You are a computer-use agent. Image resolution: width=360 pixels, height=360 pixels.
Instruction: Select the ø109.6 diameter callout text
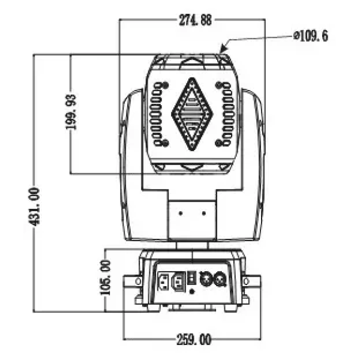310,37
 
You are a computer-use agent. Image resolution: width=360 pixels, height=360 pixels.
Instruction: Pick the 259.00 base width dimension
194,340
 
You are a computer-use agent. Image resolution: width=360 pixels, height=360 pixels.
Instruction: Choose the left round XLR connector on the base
206,280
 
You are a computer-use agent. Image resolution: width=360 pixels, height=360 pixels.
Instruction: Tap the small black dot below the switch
191,291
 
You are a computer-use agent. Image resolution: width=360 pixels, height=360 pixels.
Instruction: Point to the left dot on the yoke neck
181,212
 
